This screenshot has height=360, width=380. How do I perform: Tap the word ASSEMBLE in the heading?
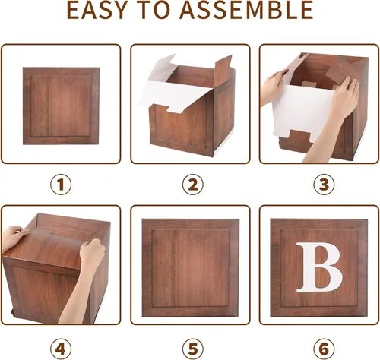click(x=246, y=10)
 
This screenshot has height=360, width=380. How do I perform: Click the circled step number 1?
click(x=61, y=185)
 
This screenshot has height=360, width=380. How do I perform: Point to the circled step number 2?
click(x=193, y=185)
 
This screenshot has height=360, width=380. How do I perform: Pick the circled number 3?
click(x=324, y=185)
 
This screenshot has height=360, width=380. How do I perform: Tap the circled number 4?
click(x=61, y=349)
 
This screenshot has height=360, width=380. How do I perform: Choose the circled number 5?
click(x=193, y=349)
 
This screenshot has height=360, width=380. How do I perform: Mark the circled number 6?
click(x=324, y=349)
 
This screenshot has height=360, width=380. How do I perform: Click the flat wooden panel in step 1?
click(x=61, y=106)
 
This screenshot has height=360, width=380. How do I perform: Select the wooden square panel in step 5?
click(x=191, y=268)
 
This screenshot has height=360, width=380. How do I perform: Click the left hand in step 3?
click(x=273, y=87)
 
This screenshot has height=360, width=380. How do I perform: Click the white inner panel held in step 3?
click(x=304, y=112)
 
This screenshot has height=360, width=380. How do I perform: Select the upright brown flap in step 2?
click(x=223, y=70)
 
